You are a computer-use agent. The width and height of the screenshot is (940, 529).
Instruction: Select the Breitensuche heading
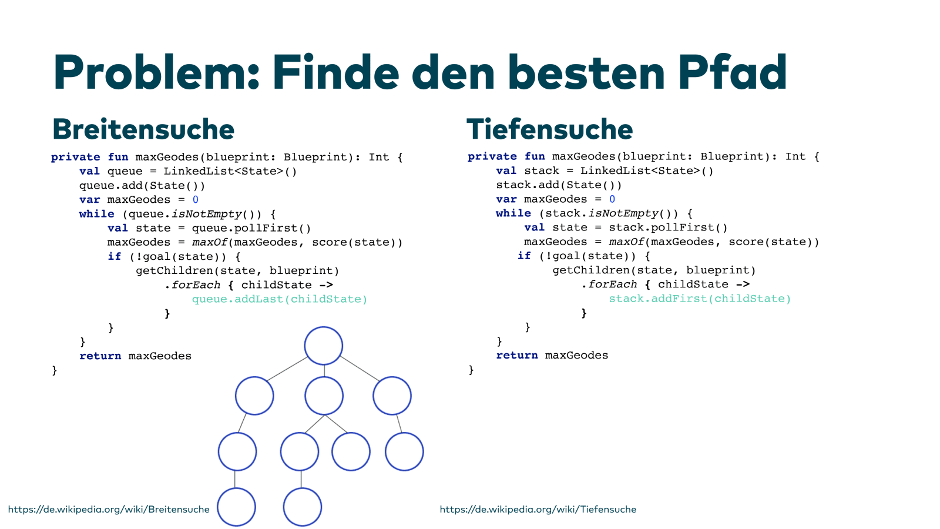click(143, 129)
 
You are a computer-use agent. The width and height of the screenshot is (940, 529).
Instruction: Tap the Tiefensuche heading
click(549, 129)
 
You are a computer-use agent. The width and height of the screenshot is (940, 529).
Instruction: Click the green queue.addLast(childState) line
click(280, 299)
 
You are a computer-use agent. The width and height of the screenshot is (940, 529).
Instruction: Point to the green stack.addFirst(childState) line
click(700, 299)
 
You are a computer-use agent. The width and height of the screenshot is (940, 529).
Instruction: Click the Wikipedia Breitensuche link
click(109, 509)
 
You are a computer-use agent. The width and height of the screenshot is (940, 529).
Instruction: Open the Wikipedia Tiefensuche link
click(538, 509)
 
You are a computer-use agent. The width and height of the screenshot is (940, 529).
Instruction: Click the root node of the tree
click(324, 346)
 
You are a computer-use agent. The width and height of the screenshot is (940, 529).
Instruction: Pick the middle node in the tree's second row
click(324, 396)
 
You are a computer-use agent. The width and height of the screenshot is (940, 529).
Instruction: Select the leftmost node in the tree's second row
click(254, 396)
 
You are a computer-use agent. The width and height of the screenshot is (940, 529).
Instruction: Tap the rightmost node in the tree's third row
click(404, 451)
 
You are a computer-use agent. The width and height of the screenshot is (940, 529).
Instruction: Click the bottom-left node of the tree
click(236, 507)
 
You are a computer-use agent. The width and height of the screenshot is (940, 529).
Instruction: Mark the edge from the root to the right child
click(359, 368)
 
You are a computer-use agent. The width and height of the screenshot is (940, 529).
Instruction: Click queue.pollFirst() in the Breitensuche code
click(251, 228)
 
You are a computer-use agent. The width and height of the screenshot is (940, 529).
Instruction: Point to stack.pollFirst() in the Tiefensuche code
click(668, 227)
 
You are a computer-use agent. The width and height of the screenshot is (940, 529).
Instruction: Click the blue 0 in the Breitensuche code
click(196, 200)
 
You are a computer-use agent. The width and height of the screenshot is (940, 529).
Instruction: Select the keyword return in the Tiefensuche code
click(516, 355)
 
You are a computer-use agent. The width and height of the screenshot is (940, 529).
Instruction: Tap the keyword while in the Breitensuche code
click(96, 214)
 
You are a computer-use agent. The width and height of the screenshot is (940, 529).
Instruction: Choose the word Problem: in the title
click(156, 73)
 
